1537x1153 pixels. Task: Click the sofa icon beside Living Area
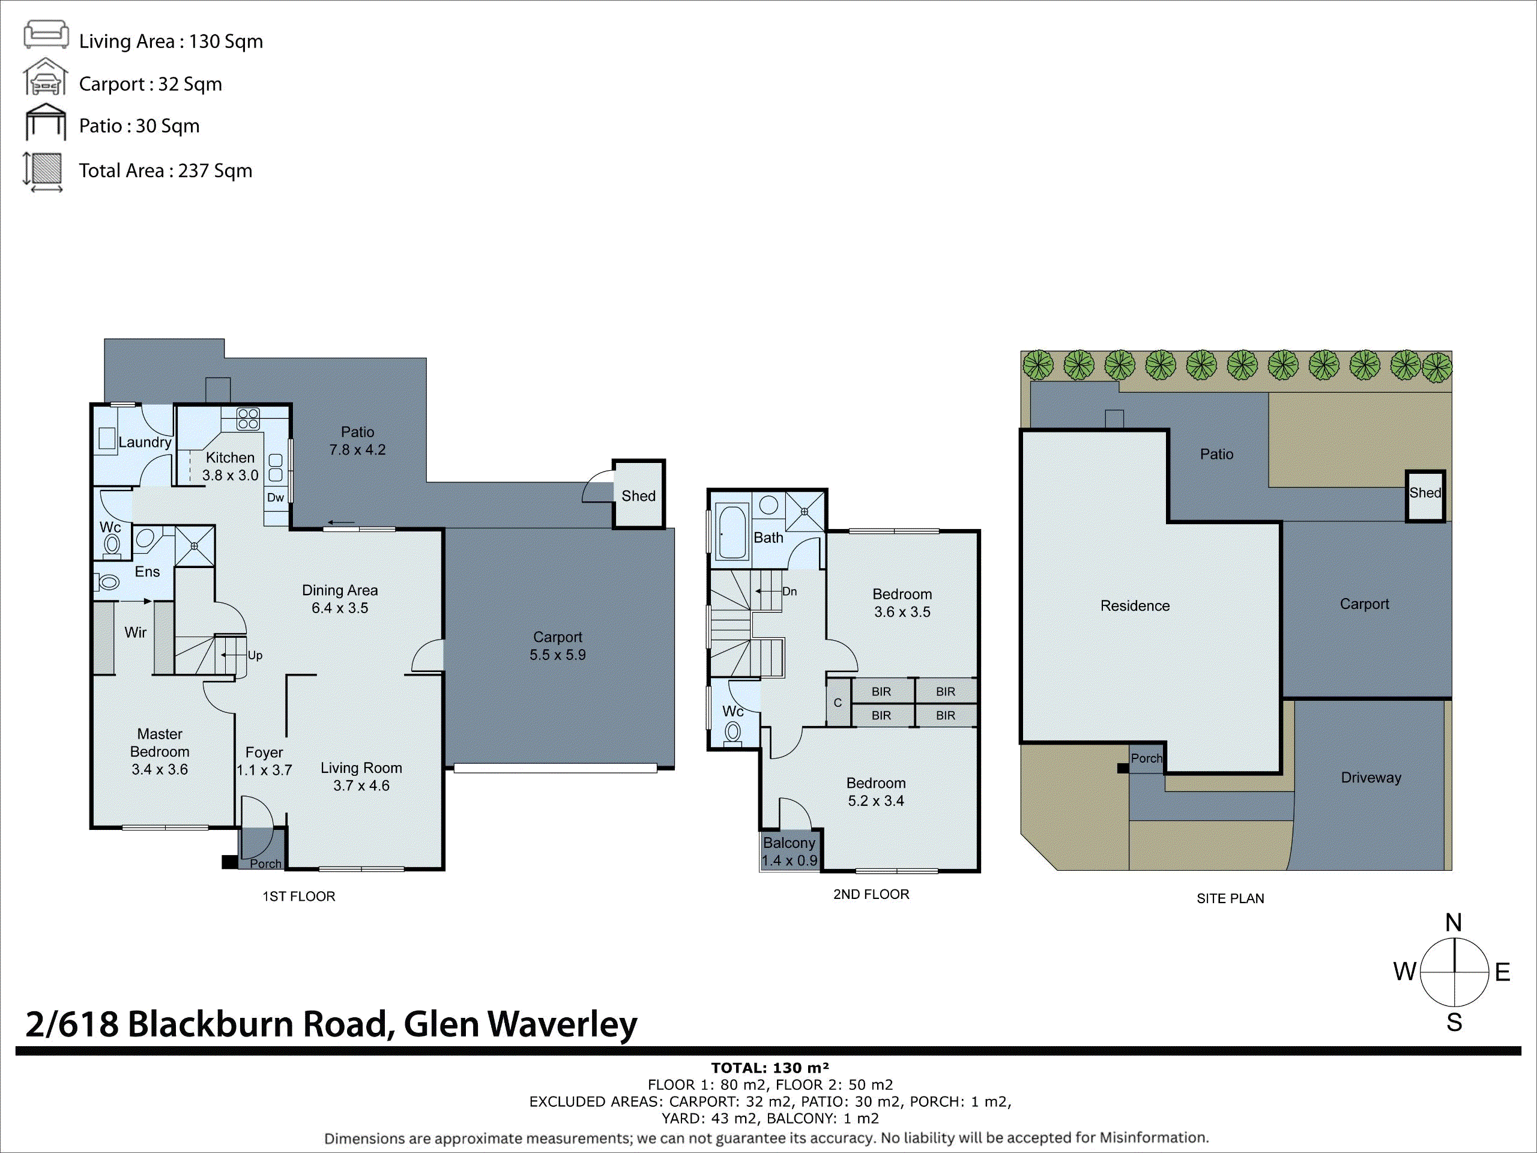46,35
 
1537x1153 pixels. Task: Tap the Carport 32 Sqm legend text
150,84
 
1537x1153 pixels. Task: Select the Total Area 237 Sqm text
165,171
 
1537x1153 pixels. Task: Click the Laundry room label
145,442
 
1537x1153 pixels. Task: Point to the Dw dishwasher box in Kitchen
276,498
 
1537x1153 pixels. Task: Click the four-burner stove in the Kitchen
248,419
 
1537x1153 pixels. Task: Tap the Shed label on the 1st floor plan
638,496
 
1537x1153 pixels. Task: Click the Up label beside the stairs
255,655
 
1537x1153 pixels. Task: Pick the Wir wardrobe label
135,632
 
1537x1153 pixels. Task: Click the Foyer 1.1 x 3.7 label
264,761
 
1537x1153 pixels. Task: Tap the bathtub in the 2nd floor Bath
732,533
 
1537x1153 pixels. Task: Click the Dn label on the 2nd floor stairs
790,592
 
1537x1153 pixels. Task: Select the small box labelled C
838,703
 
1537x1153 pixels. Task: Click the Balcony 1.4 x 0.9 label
789,852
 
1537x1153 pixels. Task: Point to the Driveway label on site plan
1370,778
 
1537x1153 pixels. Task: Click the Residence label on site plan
1135,606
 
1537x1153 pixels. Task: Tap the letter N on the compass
1453,923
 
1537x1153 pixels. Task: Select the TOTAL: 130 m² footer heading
770,1068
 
